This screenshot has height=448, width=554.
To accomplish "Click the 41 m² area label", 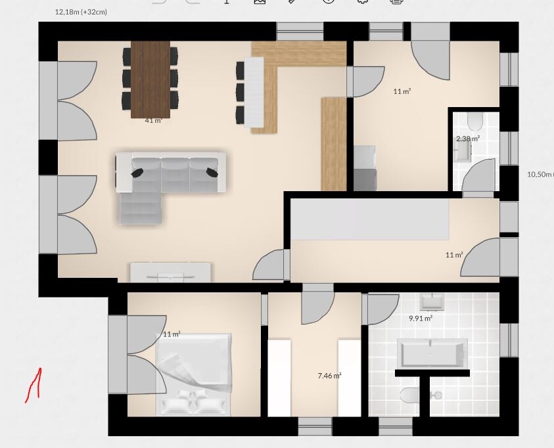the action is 153,120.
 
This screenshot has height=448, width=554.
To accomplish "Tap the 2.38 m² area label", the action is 468,139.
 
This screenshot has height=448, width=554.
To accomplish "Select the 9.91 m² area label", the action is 421,318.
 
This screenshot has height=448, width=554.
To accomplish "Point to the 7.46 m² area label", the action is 330,376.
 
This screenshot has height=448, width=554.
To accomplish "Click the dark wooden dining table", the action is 150,79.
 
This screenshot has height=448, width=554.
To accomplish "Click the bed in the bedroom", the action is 194,374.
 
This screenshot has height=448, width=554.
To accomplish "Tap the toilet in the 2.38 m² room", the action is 475,122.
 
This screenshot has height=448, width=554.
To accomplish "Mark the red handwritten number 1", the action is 34,385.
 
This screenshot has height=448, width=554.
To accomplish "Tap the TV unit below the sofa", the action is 171,273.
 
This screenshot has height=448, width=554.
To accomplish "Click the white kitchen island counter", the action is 254,92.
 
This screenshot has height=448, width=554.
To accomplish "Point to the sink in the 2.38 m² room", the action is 463,152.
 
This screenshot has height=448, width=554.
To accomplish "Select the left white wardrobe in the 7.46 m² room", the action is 279,378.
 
